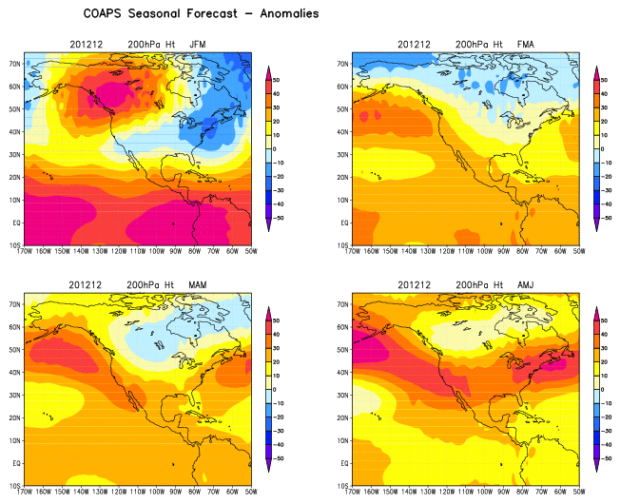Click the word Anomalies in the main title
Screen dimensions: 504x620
point(281,14)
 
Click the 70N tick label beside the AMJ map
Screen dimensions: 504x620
point(344,303)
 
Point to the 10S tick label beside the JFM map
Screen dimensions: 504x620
point(15,245)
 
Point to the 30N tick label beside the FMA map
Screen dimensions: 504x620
point(344,154)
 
